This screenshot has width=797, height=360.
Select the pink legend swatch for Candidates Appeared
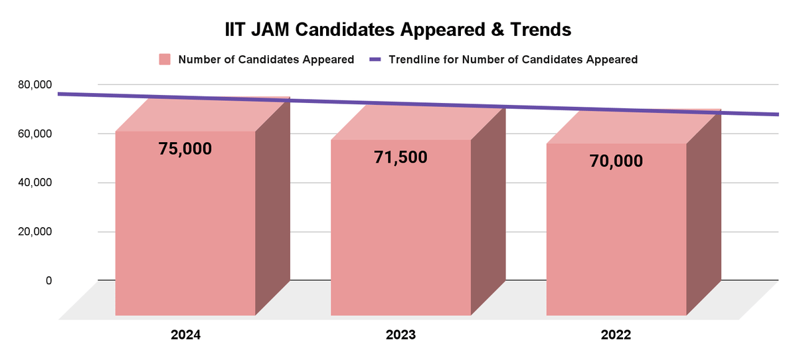tap(165, 59)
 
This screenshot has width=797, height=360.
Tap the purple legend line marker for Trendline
tap(375, 59)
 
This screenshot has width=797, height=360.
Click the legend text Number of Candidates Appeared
tap(266, 59)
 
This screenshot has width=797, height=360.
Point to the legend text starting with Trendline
tap(513, 59)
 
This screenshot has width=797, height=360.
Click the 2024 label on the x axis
tap(185, 335)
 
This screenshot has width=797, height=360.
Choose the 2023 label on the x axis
tap(400, 335)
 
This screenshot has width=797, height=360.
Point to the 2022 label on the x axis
tap(616, 335)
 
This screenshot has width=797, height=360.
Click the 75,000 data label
tap(185, 149)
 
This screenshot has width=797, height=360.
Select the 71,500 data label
tap(400, 157)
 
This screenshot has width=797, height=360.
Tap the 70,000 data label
tap(616, 161)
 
